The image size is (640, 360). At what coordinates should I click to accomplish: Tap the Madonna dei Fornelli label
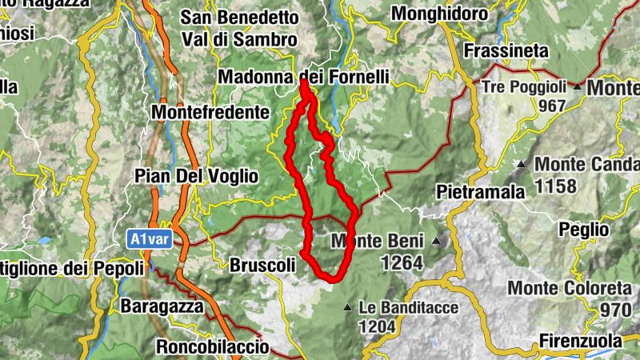[303, 78]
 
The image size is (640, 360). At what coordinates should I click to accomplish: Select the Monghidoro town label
[439, 14]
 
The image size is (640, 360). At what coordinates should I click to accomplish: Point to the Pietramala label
[481, 191]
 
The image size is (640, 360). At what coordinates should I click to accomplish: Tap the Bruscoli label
[262, 264]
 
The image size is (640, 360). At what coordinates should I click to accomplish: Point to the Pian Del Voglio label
[196, 175]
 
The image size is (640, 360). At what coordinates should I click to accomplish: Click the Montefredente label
[210, 112]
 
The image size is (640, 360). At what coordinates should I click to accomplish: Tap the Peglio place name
[585, 229]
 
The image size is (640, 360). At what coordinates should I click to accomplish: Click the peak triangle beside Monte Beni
[436, 240]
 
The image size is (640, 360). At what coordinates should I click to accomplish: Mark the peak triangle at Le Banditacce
[347, 307]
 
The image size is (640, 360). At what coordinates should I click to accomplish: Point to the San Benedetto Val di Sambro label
[239, 27]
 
